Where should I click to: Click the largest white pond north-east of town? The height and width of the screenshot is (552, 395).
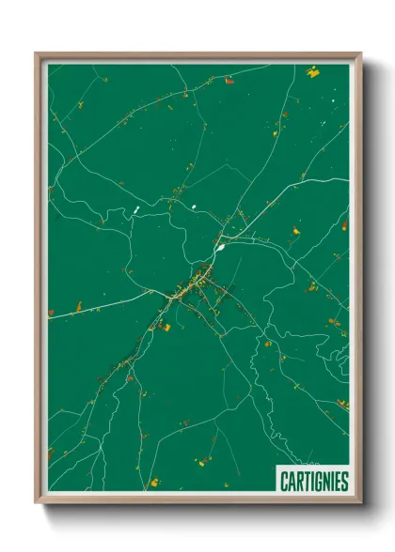tap(220, 249)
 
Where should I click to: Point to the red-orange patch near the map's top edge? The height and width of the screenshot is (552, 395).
tap(229, 81)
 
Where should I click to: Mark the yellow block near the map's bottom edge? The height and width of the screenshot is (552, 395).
tap(155, 483)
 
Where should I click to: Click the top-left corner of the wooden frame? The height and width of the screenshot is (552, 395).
tap(36, 54)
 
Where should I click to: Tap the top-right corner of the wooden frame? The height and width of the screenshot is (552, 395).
tap(360, 54)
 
